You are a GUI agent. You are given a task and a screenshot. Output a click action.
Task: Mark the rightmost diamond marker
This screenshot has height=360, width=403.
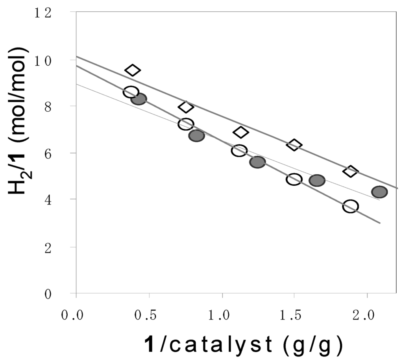350,172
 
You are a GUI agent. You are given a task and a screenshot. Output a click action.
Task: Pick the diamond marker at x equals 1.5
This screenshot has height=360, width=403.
294,145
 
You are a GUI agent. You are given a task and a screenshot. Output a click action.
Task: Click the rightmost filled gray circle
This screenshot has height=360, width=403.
379,192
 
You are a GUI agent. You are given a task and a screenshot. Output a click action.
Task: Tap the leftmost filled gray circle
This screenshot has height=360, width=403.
139,99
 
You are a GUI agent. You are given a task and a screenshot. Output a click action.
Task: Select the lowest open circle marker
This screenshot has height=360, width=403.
350,206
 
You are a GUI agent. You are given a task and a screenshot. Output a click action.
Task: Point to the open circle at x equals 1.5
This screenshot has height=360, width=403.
294,179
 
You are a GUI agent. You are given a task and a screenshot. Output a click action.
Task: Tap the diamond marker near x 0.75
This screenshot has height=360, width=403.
186,107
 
